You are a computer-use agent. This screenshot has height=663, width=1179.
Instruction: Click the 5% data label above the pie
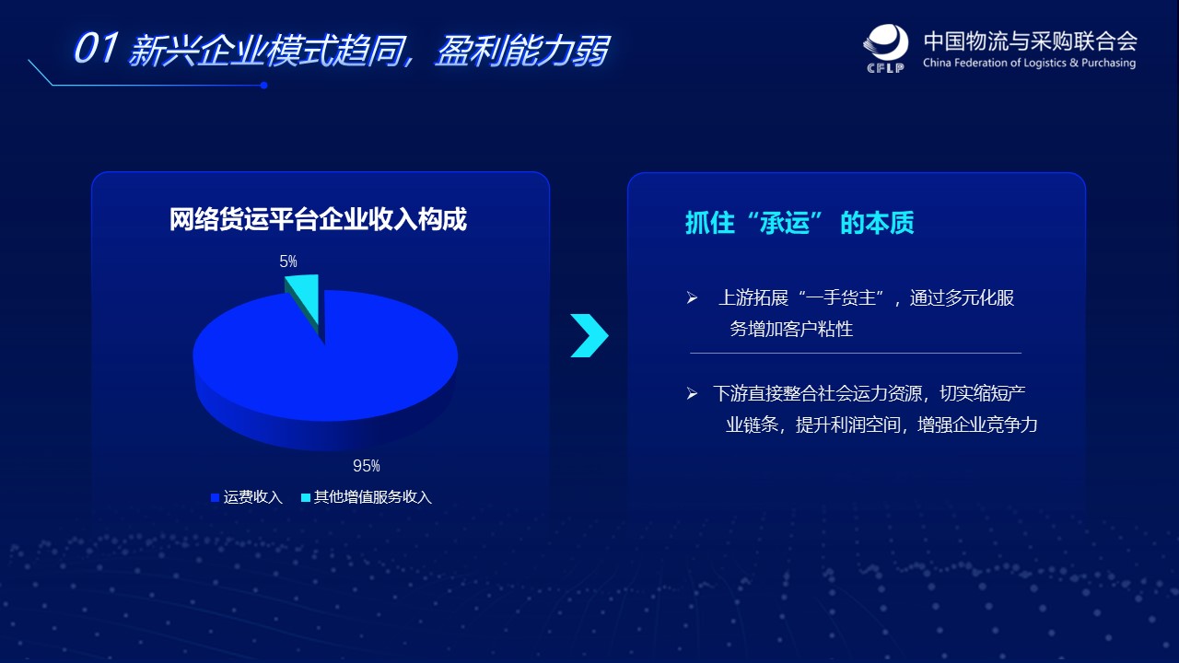288,262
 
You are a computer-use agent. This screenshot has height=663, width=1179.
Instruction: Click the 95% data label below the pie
367,466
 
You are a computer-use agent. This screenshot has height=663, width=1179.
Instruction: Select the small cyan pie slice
305,300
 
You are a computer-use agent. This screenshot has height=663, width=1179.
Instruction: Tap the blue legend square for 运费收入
215,497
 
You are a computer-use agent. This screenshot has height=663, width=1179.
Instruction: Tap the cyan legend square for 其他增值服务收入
305,497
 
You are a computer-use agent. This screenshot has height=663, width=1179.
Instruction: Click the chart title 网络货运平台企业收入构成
318,219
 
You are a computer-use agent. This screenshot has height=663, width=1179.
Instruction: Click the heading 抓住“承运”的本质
800,223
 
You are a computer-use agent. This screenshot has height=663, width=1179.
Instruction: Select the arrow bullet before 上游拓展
692,298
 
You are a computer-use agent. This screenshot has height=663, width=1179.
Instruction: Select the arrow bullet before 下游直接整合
692,393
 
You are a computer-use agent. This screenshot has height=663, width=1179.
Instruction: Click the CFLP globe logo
886,48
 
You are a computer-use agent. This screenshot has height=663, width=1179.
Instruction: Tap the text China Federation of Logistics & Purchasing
1029,64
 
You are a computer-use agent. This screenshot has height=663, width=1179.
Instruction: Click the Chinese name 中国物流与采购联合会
1031,41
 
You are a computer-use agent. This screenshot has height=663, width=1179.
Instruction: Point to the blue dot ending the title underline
263,86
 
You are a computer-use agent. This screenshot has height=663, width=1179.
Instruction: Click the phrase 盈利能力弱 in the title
522,51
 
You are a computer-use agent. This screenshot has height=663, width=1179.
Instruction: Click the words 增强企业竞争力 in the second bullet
977,425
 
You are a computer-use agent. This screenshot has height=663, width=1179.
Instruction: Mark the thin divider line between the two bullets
856,353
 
